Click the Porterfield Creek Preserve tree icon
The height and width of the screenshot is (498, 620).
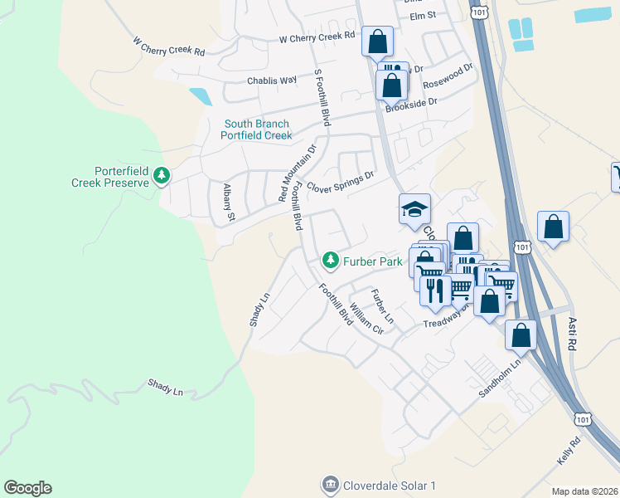(162, 176)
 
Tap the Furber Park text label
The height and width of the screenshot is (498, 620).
(373, 261)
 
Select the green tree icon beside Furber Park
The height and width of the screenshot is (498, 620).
(331, 261)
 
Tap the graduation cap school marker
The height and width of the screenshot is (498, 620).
(415, 209)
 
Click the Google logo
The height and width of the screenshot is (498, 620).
(27, 488)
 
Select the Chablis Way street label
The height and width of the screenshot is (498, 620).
(272, 81)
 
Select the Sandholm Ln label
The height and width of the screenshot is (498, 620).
(503, 377)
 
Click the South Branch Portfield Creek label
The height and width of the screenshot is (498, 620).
(257, 129)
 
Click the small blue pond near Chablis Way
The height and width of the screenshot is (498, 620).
(200, 95)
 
